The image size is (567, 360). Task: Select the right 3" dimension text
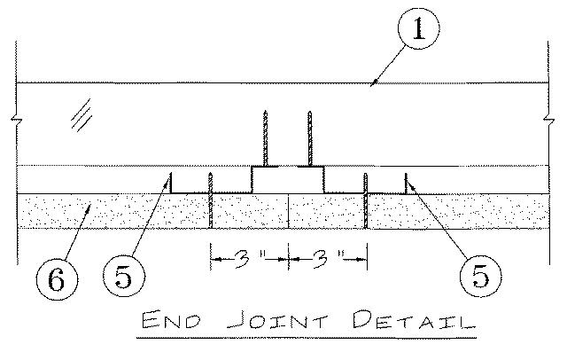click(329, 259)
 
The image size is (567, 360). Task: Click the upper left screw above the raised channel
click(266, 137)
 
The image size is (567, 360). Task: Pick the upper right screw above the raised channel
click(310, 137)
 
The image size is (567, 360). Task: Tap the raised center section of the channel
click(288, 179)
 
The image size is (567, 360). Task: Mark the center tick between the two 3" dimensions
click(289, 258)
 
